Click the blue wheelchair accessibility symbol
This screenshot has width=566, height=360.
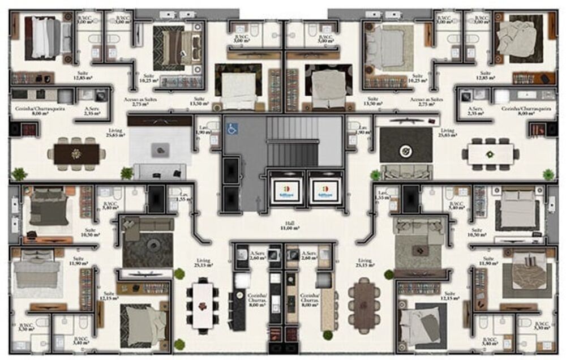tap(232, 129)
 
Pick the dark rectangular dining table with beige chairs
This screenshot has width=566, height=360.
tap(76, 153)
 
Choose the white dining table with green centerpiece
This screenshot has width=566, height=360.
tap(490, 153)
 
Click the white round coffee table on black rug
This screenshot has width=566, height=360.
tap(405, 151)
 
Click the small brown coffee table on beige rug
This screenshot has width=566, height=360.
tap(419, 250)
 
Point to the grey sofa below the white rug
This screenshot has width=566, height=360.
tap(160, 172)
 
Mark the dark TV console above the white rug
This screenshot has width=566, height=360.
tap(160, 120)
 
